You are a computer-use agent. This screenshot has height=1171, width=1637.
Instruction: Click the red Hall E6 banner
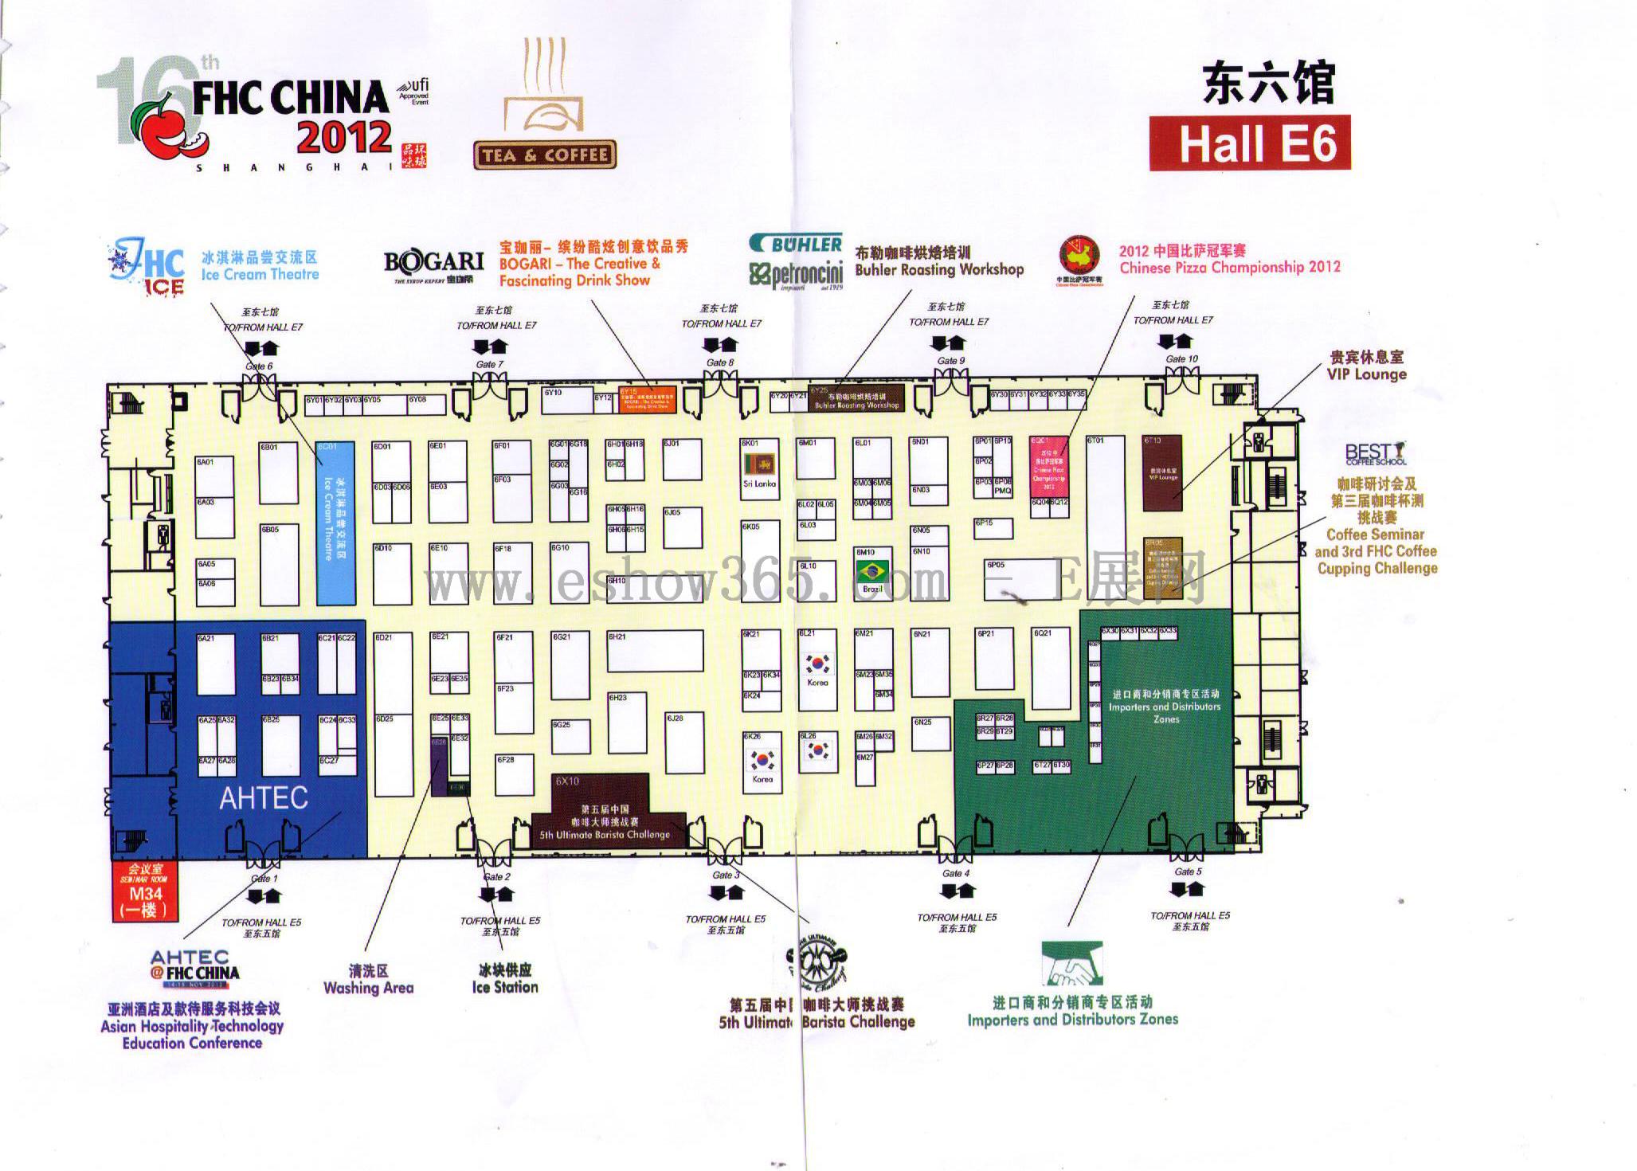pos(1249,143)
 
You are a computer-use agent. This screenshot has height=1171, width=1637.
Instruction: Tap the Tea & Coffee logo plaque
pos(546,155)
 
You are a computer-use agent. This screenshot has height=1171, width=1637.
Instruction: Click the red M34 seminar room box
pos(145,891)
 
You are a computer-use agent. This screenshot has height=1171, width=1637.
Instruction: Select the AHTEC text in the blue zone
pos(264,798)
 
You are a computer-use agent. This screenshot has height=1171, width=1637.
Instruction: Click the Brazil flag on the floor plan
pos(872,571)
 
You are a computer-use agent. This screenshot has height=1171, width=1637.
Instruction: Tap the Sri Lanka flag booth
pos(759,464)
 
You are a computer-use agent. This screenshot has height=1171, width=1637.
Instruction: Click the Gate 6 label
pos(259,366)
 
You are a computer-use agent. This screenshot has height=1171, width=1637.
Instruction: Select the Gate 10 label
pos(1181,359)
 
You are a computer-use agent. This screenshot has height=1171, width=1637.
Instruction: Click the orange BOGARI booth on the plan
pos(648,399)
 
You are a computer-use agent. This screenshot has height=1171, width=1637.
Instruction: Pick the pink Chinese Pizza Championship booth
pos(1048,467)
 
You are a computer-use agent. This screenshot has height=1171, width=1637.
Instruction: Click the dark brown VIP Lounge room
pos(1162,472)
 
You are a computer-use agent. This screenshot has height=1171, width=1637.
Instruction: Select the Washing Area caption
pos(368,980)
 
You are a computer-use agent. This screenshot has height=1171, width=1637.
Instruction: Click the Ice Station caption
pos(504,979)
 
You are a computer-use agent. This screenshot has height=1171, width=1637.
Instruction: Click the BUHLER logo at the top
pos(797,245)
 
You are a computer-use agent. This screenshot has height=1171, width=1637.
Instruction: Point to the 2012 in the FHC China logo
pos(344,137)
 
